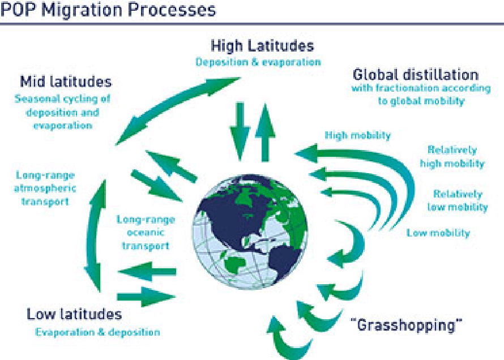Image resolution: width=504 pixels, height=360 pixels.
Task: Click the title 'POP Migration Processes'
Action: tap(108, 10)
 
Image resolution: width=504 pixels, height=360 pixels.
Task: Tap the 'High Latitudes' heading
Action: tap(262, 46)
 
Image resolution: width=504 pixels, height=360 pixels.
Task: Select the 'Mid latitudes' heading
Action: tap(66, 82)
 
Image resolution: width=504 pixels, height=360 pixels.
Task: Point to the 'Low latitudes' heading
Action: tap(74, 314)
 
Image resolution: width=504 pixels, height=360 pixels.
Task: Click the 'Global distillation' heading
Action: tap(416, 75)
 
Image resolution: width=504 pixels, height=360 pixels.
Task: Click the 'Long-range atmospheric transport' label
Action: tap(45, 188)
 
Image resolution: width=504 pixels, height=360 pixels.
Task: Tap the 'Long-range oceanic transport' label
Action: tap(146, 233)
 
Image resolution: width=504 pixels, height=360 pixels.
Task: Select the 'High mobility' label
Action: tap(358, 135)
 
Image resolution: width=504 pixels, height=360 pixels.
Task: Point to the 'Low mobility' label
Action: tap(438, 233)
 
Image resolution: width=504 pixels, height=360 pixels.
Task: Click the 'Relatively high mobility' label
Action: tap(452, 156)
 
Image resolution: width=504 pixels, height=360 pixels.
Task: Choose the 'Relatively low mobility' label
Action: tap(458, 200)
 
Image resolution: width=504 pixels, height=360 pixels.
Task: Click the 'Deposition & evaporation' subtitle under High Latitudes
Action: tap(258, 62)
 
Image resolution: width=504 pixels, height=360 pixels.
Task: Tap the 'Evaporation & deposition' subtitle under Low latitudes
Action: tap(97, 332)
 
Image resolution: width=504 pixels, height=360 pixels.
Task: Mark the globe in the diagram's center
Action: tap(250, 232)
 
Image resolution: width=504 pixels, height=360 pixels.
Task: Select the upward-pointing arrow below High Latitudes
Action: tap(265, 132)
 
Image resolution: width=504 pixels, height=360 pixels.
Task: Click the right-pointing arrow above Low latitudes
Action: tap(146, 297)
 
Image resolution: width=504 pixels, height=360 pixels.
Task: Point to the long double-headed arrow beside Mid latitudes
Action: tap(178, 111)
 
